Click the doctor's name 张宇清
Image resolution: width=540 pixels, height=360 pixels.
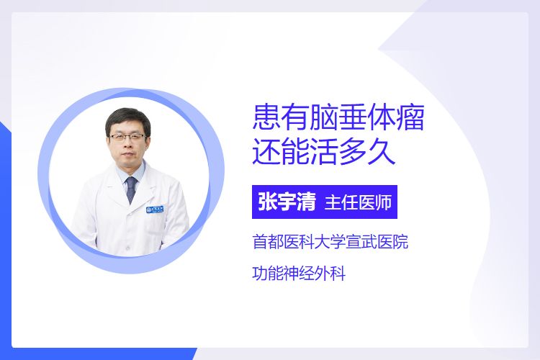pos(287,202)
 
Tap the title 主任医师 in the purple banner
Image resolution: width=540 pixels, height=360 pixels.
pos(358,202)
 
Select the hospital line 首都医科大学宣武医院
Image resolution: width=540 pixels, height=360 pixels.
pos(330,241)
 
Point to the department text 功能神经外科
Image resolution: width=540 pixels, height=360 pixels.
pos(299,274)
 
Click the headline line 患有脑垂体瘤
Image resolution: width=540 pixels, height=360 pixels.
pos(338,117)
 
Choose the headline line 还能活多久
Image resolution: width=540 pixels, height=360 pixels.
pos(324,152)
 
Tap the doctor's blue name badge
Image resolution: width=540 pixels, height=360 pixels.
pos(155,209)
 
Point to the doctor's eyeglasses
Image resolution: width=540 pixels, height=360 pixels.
pos(127,137)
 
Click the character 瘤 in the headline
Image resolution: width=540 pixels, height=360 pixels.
pos(410,117)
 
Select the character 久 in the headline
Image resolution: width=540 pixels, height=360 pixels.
pos(382,152)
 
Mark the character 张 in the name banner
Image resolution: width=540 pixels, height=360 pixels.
pos(268,202)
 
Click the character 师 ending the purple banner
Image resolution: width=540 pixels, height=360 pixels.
pos(384,202)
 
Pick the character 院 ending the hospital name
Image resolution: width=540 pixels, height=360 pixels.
pos(400,241)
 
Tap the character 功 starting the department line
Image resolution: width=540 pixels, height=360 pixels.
pos(260,274)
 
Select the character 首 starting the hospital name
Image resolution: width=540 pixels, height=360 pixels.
pos(260,241)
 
